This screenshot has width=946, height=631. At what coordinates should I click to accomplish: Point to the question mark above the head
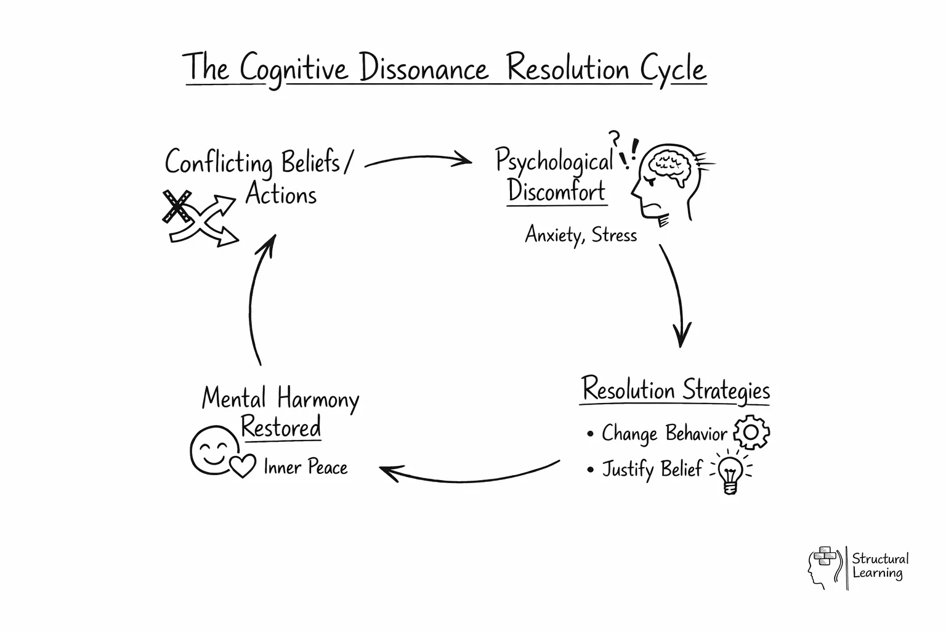(x=613, y=138)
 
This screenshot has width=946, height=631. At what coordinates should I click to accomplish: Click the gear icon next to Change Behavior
(x=751, y=433)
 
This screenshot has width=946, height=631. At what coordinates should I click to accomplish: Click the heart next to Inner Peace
(x=242, y=466)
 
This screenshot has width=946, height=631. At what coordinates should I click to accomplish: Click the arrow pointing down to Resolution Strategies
(x=676, y=296)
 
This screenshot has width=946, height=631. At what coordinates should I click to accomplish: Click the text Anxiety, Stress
(x=581, y=235)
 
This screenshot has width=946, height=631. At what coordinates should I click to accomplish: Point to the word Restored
(x=281, y=427)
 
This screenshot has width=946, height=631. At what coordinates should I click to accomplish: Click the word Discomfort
(x=557, y=192)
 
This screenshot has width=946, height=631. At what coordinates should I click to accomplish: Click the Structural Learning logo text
(x=879, y=566)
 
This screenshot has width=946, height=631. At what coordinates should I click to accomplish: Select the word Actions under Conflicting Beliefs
(x=281, y=195)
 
